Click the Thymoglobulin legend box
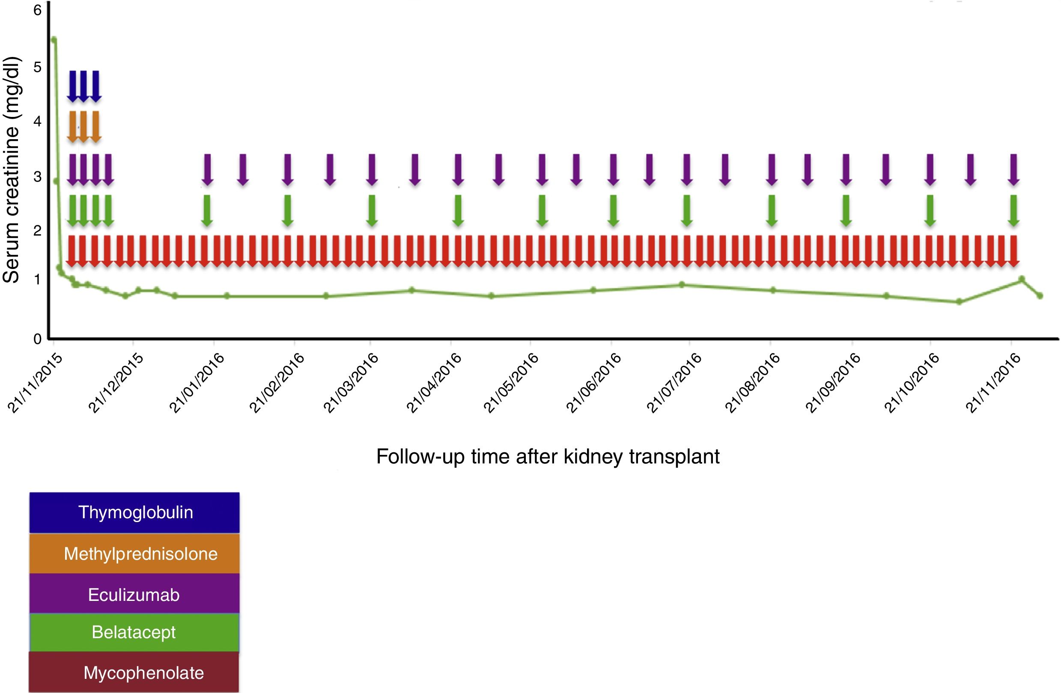coord(134,512)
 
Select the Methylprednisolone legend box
coord(134,553)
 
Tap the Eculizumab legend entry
coord(134,594)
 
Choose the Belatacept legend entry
coord(134,632)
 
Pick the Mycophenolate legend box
coord(134,672)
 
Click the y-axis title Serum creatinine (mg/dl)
coord(11,170)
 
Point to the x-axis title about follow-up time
coord(548,456)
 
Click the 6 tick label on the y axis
coord(37,10)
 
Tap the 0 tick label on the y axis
coord(37,339)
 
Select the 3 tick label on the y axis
coord(37,176)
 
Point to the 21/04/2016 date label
coord(433,383)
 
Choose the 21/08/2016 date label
coord(753,383)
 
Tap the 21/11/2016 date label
coord(993,383)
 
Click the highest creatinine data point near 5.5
coord(54,40)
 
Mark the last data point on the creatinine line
coord(1040,296)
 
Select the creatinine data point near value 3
coord(56,181)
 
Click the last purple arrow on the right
coord(1014,170)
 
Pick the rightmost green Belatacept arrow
coord(1014,210)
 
